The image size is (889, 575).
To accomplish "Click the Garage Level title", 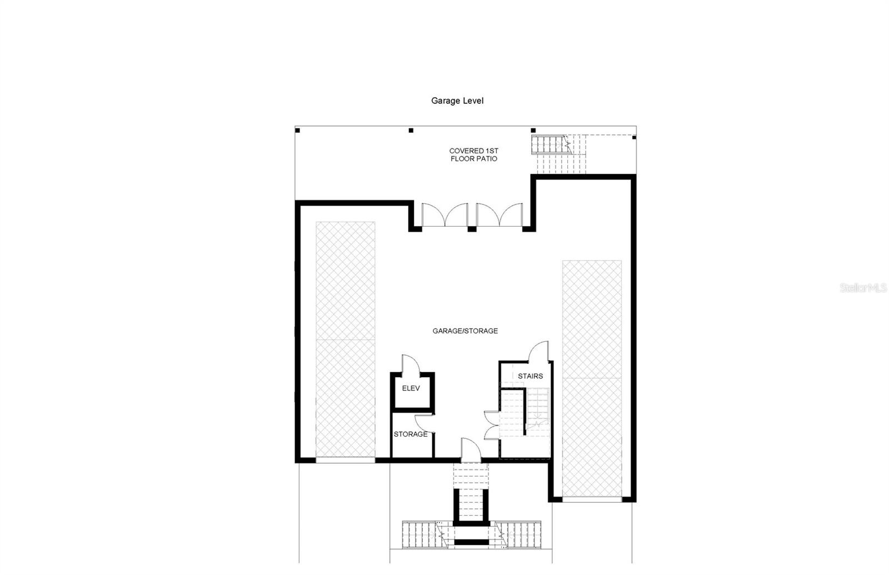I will coord(457,101).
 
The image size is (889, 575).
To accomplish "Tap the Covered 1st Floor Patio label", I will coord(473,154).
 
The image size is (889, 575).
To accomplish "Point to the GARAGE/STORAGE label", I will coord(465,331).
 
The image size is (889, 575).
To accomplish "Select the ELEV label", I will coord(411,388).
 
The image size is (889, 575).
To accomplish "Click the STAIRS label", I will coord(530,376).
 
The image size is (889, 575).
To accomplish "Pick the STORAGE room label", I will coord(411,434).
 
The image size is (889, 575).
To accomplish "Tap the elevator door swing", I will coord(410,364).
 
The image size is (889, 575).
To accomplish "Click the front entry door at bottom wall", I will coord(470,450).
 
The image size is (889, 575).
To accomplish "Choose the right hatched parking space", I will coord(592,378).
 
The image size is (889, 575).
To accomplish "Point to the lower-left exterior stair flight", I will coord(421,534).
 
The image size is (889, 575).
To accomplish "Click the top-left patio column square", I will coord(298,131).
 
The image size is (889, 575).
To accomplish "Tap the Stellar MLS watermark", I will coord(863,288).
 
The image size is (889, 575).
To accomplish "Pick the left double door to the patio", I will coord(444,215).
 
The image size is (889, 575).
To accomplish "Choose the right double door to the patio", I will coord(499,215).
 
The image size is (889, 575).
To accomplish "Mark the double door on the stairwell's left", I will coord(492,425).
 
